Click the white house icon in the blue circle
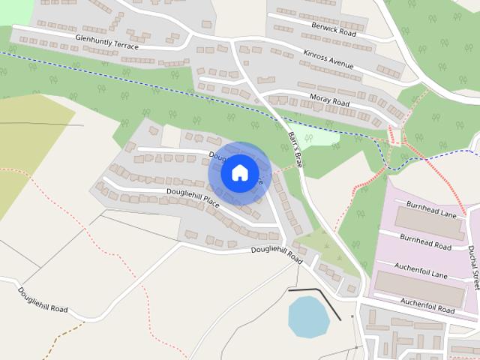coord(239,172)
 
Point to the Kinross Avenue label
coord(328,60)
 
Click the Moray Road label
coord(329,100)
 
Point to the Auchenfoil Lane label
coord(421,270)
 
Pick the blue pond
coord(308,316)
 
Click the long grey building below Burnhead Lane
coord(430,223)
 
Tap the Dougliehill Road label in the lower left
coord(43,298)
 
